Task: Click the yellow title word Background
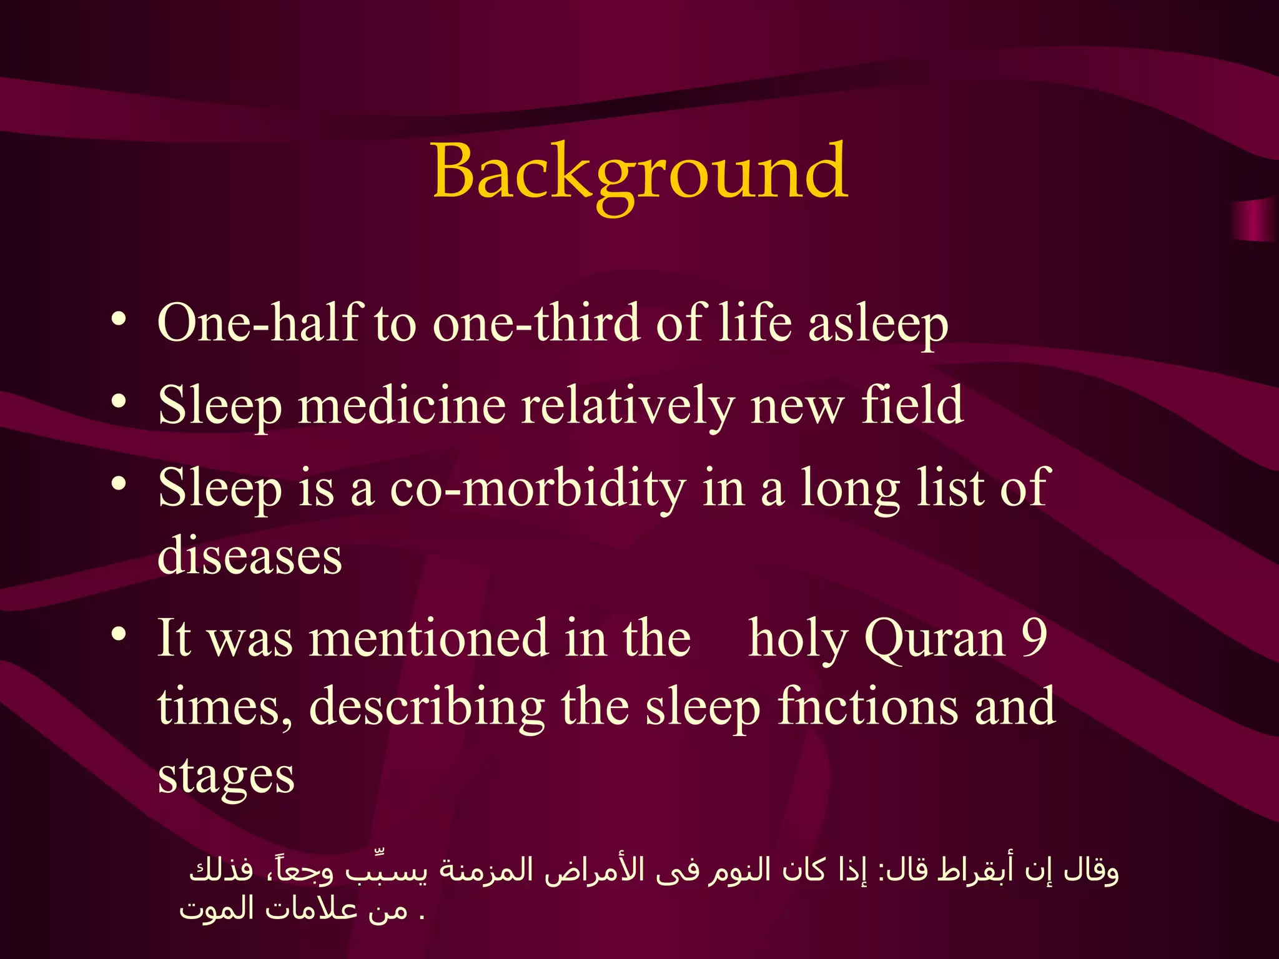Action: (x=639, y=172)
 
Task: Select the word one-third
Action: (x=536, y=323)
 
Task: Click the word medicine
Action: (x=402, y=405)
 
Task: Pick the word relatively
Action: (x=628, y=406)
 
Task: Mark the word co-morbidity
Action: (x=538, y=489)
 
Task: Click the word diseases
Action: (x=250, y=556)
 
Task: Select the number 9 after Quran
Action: (x=1034, y=638)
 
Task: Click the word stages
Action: (x=226, y=777)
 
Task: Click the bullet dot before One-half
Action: (x=119, y=320)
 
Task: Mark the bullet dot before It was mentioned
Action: (x=119, y=635)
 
